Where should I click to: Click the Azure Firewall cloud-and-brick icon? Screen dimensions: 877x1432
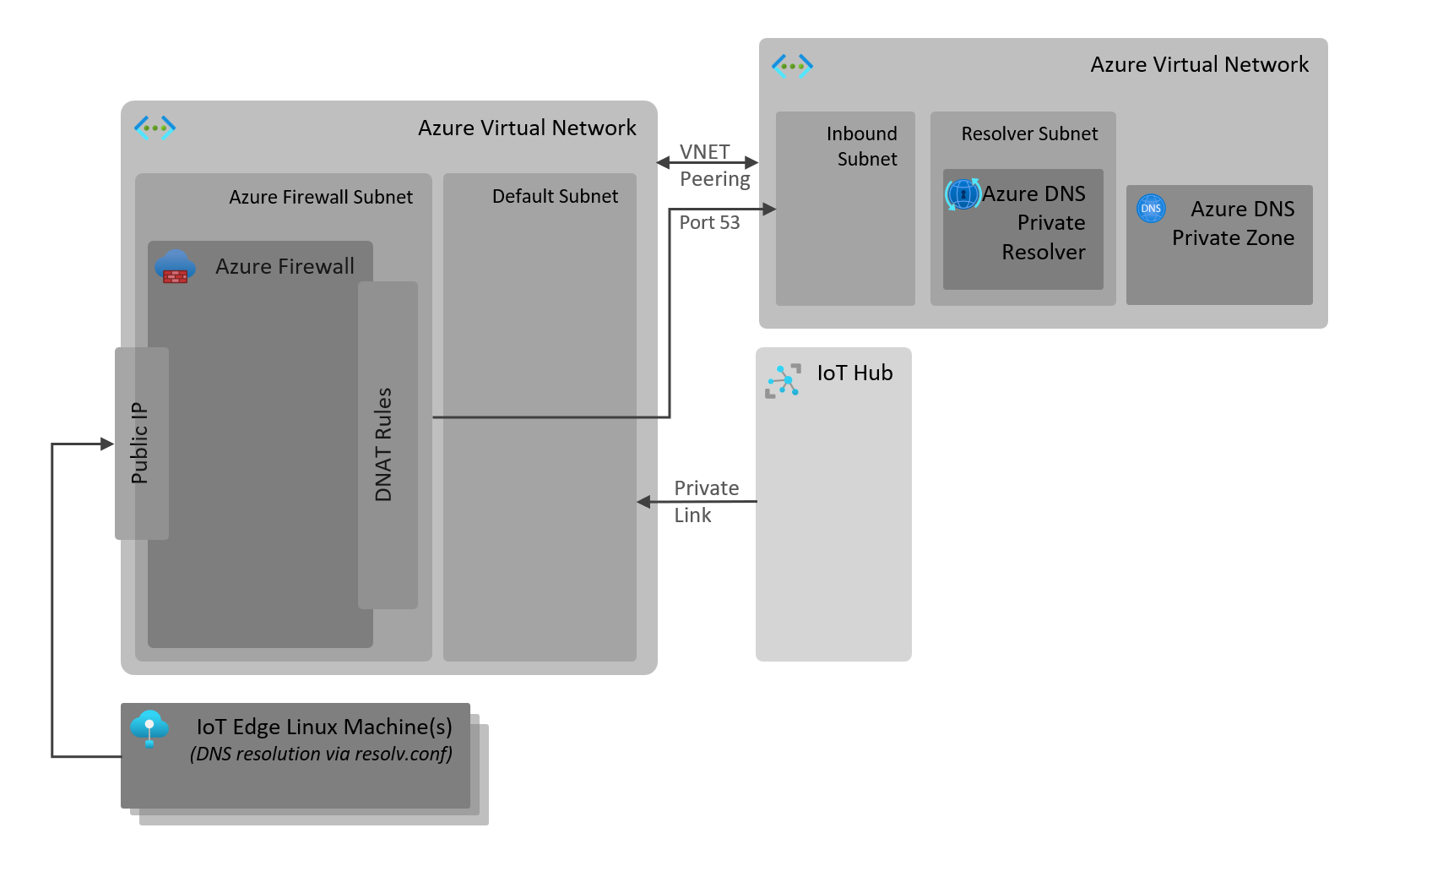[x=175, y=267]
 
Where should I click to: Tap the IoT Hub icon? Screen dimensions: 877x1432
[x=783, y=381]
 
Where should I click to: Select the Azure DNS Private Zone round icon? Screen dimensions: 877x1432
[x=1151, y=208]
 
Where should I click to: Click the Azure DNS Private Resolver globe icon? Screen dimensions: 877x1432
[x=963, y=194]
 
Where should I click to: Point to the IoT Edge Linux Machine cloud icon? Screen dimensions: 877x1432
[x=149, y=727]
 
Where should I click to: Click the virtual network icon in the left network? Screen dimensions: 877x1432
[x=155, y=128]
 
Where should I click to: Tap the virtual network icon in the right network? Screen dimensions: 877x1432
[x=792, y=65]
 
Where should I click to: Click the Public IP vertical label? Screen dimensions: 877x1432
[x=139, y=443]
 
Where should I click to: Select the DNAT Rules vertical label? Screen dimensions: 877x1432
[x=383, y=444]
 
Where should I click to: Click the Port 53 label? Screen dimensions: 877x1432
[x=709, y=222]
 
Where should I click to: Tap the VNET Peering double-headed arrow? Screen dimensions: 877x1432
[x=708, y=162]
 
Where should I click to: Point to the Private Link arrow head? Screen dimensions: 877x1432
[x=643, y=502]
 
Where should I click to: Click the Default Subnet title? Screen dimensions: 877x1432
[x=555, y=196]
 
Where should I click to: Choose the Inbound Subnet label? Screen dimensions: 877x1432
[x=862, y=146]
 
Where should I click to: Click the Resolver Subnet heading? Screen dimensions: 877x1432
[x=1029, y=133]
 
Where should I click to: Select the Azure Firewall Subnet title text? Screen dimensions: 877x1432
[x=321, y=197]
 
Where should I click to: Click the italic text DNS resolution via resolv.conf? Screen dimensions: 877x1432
[x=321, y=754]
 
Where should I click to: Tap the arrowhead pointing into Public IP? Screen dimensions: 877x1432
[x=107, y=444]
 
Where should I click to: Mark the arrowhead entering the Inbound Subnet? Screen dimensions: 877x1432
[x=769, y=209]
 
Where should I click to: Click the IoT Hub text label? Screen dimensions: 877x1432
[x=854, y=373]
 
